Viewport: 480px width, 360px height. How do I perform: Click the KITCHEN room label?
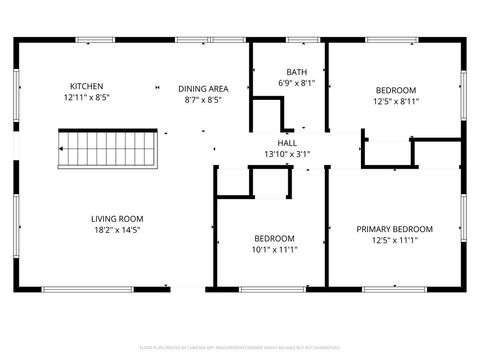coord(86,86)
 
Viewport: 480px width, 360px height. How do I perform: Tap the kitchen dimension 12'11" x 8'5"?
coord(86,99)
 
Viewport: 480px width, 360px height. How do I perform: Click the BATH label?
coord(296,72)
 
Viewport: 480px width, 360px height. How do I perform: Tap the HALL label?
coord(287,143)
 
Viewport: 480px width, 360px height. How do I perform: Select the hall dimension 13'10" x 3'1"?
coord(287,154)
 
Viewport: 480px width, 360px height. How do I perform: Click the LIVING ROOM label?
coord(117,218)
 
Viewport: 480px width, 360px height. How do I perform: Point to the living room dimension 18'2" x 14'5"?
coord(117,231)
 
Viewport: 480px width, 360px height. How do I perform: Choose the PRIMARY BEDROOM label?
coord(394,228)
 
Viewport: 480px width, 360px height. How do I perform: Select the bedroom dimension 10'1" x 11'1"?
coord(273,251)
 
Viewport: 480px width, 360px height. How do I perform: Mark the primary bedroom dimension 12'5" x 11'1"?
coord(394,240)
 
